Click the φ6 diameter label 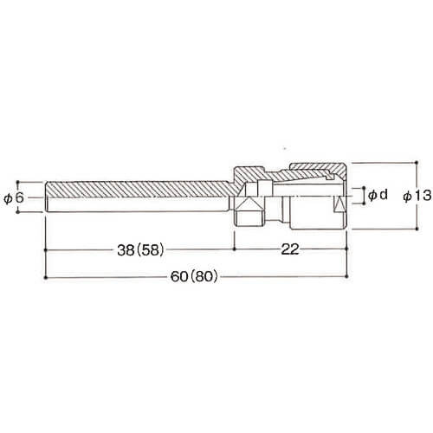(13, 198)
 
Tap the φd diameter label (378, 196)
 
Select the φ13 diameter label (417, 196)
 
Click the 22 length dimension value (290, 249)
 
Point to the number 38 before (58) (126, 250)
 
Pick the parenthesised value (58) (150, 250)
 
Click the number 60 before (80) (179, 277)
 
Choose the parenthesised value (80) (203, 277)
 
